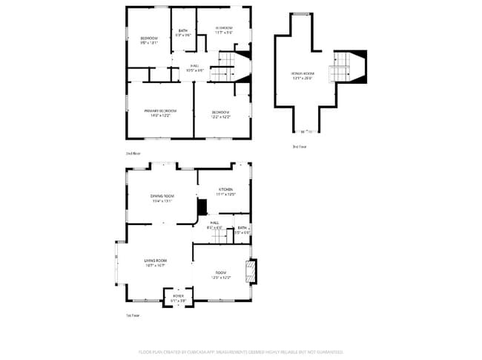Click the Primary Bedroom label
coord(160,111)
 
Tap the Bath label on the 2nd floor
coord(182,30)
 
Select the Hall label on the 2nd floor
coord(194,65)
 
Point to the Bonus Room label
coord(303,73)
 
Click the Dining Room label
coord(162,195)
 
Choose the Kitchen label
coord(225,189)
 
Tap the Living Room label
coord(155,261)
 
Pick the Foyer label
coord(178,295)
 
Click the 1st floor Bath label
coord(242,228)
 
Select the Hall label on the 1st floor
coord(214,223)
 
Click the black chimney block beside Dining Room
coord(201,206)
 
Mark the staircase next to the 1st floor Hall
coord(218,236)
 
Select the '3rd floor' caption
coord(299,147)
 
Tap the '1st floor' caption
coord(132,315)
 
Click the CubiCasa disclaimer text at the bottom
coord(240,352)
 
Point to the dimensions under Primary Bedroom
coord(160,116)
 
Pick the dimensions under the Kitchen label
coord(225,194)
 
